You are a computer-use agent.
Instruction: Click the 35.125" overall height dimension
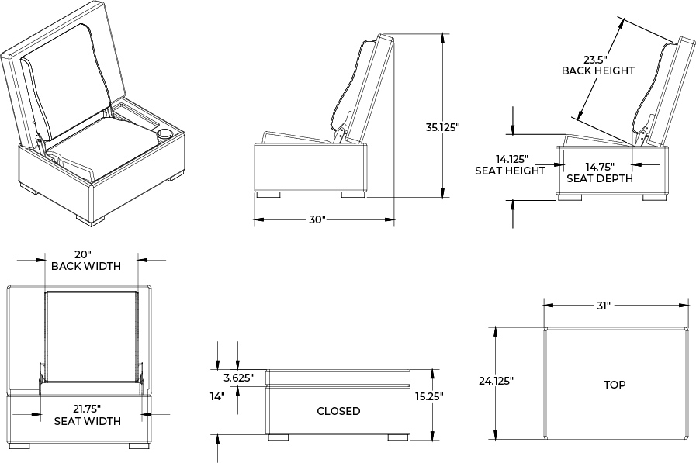442,126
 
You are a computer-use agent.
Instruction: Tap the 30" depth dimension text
316,219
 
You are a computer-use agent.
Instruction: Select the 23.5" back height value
597,58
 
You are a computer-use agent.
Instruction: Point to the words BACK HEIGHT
598,71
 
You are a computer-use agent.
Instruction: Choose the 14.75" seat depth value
599,166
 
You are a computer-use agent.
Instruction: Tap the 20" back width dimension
84,254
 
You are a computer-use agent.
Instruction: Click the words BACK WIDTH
86,266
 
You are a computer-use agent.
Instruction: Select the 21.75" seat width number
87,409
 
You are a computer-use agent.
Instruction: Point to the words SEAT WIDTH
87,421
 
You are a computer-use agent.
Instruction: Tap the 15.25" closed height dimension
428,396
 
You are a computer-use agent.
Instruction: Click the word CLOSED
338,411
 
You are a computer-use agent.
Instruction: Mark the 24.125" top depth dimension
496,381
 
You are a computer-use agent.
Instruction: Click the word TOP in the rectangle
615,385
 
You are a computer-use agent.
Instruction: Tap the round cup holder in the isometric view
164,134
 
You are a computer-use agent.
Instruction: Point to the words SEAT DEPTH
600,178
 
